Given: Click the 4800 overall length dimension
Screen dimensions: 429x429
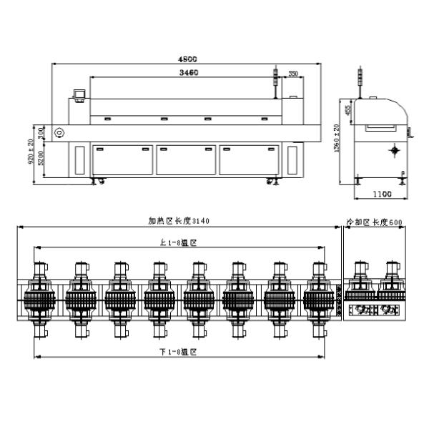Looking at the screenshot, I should (189, 59).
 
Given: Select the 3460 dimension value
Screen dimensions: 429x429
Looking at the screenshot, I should (189, 73).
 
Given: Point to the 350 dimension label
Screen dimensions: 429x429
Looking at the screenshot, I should (293, 74).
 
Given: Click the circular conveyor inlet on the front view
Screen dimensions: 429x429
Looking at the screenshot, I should (59, 133).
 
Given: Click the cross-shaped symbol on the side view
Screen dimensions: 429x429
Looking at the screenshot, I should (393, 151).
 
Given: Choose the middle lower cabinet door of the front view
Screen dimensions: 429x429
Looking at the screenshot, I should (187, 160).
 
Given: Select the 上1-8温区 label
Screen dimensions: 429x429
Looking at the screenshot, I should (178, 242).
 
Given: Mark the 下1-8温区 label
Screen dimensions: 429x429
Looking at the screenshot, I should (178, 352).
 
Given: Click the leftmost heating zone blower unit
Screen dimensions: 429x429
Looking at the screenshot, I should (41, 296).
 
